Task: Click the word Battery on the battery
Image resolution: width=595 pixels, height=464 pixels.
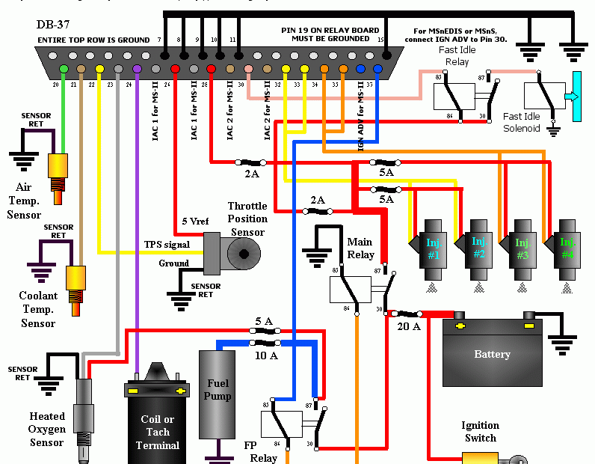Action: [x=492, y=354]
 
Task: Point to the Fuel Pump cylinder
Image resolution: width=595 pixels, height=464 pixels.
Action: [x=218, y=394]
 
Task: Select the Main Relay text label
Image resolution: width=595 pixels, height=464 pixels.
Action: [x=360, y=248]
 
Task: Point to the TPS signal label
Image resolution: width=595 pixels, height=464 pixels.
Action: [x=167, y=245]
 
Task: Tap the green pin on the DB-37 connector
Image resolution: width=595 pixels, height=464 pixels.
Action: [x=64, y=69]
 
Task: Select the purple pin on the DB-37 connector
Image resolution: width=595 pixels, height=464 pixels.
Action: [x=137, y=69]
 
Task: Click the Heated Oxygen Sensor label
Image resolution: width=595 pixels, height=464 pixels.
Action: [x=47, y=429]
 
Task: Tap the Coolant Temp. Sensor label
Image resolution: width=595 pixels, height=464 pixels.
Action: [x=37, y=310]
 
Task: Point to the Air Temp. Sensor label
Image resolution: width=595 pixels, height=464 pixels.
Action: [x=24, y=201]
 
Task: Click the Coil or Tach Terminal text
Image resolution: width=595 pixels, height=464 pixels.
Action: [x=157, y=432]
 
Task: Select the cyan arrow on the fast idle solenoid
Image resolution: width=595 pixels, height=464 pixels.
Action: [x=572, y=97]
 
